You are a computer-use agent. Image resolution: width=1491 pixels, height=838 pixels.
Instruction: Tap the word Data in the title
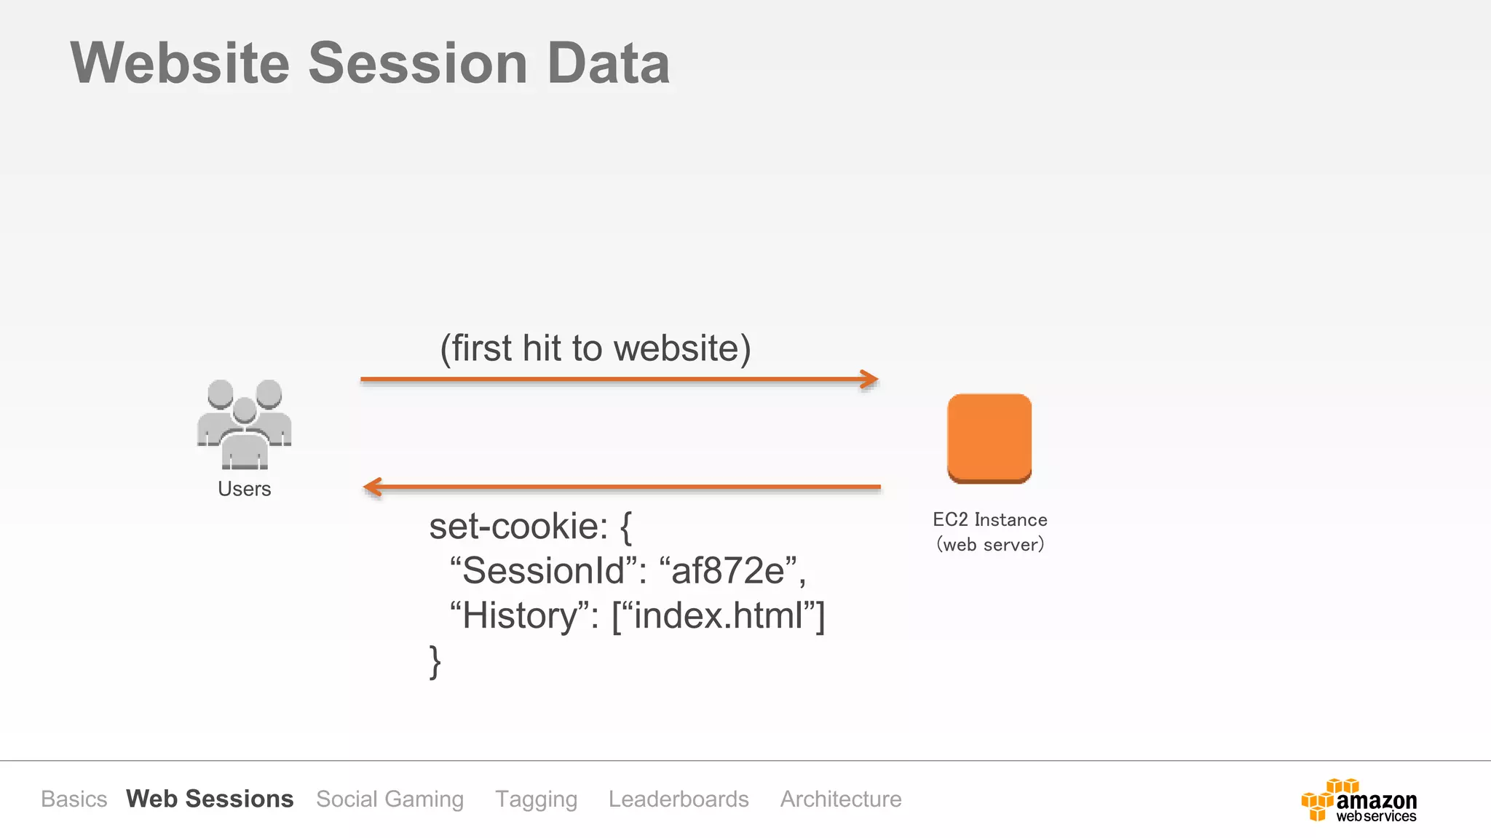tap(608, 63)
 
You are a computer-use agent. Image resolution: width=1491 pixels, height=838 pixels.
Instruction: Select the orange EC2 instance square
tap(989, 438)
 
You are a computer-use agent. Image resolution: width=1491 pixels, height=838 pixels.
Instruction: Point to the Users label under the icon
tap(245, 489)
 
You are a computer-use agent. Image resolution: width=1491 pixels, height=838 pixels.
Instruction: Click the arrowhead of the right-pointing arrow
tap(870, 379)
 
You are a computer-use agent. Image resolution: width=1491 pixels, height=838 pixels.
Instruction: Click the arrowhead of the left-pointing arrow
tap(373, 487)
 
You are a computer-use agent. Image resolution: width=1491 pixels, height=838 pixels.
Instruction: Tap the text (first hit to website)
tap(595, 348)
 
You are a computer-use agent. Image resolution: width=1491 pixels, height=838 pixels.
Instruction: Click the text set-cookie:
tap(518, 526)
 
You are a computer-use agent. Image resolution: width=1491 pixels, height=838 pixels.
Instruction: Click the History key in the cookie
tap(520, 615)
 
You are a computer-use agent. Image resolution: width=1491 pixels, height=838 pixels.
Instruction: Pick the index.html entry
tap(718, 615)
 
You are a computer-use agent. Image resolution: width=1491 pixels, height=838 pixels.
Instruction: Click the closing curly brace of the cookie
tap(435, 661)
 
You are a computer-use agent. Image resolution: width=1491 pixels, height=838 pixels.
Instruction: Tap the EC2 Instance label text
tap(989, 519)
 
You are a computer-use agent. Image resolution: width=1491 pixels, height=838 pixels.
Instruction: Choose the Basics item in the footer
tap(74, 799)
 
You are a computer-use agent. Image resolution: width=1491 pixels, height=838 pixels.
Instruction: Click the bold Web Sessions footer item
tap(210, 799)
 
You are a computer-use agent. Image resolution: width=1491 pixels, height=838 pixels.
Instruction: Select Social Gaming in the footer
tap(389, 799)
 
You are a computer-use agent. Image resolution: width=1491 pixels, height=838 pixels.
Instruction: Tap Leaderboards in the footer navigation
tap(679, 799)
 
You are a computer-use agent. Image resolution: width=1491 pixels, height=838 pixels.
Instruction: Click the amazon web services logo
tap(1359, 800)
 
